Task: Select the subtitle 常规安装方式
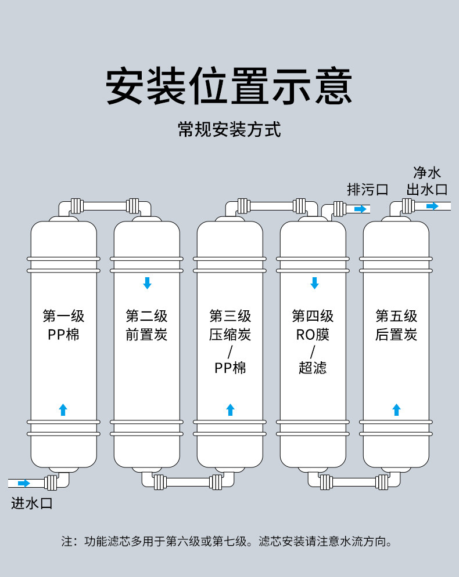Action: [229, 129]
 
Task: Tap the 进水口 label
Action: [32, 503]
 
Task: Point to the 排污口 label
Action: [367, 189]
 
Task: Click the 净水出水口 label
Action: [427, 181]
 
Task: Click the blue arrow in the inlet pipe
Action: [24, 483]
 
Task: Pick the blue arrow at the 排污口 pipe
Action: [361, 209]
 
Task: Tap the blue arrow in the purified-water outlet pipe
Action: [432, 206]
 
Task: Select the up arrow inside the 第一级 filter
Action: [63, 409]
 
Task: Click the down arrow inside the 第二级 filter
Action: [147, 283]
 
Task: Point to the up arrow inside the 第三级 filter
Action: [230, 409]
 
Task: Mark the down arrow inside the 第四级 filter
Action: [314, 283]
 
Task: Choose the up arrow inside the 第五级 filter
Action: [396, 409]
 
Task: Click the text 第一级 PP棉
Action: [63, 325]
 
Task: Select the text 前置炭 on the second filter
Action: [146, 335]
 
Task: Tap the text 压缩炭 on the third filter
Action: [230, 335]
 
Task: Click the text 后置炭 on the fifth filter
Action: [396, 335]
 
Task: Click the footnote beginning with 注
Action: [229, 542]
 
